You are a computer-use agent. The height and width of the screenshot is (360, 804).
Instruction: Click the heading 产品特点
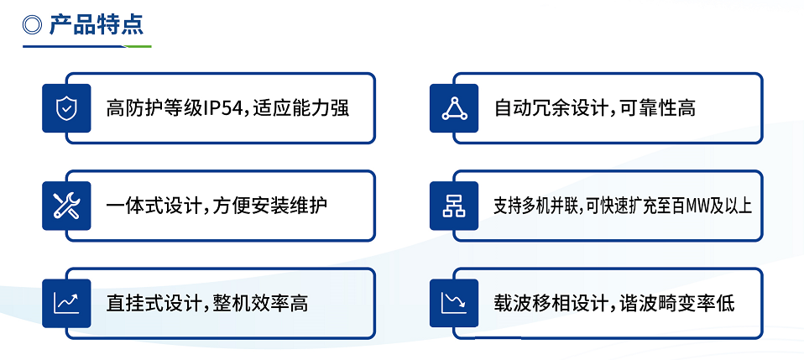(96, 24)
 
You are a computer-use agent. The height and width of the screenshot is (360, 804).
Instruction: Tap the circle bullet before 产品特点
(32, 24)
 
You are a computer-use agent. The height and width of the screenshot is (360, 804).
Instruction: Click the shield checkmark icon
(66, 108)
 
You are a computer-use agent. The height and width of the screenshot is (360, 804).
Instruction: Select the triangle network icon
(454, 108)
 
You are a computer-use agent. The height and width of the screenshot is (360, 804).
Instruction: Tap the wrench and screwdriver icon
(66, 206)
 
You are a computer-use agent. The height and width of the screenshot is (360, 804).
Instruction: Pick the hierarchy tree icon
(454, 206)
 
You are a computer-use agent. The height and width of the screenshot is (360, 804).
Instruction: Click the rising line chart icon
(66, 303)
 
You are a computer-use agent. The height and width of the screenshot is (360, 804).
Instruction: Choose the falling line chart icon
(454, 303)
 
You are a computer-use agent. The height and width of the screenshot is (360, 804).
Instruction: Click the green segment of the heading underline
(138, 47)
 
